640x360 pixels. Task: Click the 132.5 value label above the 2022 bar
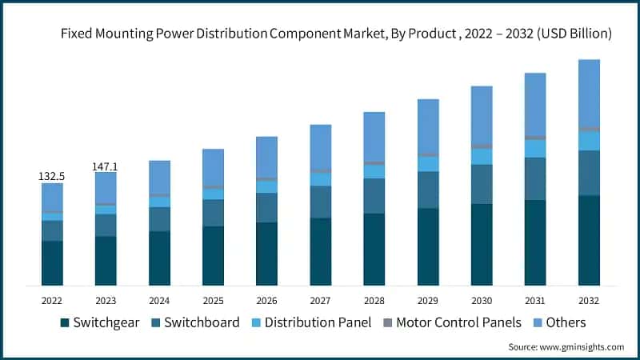52,175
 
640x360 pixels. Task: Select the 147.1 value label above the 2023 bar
106,166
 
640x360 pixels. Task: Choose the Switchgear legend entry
99,322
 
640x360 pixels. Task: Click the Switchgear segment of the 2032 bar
589,240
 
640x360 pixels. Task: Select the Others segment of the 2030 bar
482,114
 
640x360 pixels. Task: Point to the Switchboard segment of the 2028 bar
374,196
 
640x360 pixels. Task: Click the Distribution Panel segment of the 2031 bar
535,149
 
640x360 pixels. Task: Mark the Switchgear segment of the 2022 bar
52,262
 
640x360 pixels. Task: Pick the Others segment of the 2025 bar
213,167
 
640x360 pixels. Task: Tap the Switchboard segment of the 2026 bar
266,207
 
